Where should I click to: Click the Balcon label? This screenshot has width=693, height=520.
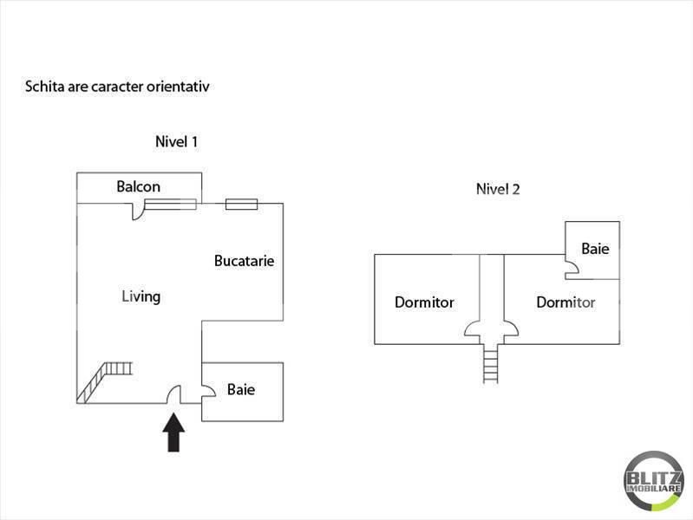tap(139, 186)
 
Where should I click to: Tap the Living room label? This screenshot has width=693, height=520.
tap(141, 296)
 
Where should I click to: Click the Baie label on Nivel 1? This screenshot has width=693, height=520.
tap(241, 390)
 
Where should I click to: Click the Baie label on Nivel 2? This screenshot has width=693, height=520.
tap(595, 249)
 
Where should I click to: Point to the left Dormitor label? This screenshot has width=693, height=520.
tap(424, 302)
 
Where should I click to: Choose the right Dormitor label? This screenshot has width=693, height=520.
tap(566, 302)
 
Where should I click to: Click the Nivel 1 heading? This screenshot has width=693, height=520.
tap(177, 141)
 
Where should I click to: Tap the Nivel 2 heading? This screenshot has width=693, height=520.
tap(498, 189)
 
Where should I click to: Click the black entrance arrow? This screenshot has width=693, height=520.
tap(174, 432)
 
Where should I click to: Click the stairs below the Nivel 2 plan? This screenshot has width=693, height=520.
tap(492, 362)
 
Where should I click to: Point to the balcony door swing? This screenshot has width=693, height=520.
tap(138, 211)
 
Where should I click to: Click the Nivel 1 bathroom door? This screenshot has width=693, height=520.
tap(208, 395)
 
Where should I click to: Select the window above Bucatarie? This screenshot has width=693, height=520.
tap(241, 205)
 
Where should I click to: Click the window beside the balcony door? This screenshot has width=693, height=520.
tap(170, 205)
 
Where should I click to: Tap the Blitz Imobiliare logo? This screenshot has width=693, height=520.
tap(653, 479)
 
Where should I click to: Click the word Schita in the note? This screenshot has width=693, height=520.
tap(42, 87)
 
